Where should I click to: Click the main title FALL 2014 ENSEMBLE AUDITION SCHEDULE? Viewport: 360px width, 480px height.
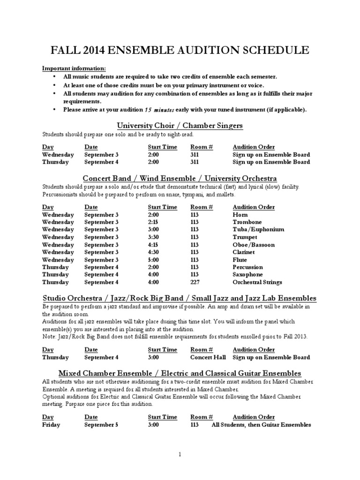click(180, 50)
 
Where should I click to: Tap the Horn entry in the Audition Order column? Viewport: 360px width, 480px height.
click(240, 214)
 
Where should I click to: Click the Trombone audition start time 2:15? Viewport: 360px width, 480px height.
click(153, 222)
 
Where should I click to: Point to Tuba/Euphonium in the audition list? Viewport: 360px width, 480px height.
click(258, 229)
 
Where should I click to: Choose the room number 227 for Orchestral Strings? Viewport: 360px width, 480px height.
click(195, 282)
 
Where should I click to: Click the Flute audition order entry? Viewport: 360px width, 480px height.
click(240, 260)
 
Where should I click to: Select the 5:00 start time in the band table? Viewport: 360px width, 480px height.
click(154, 260)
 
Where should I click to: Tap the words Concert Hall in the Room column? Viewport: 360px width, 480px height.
click(208, 357)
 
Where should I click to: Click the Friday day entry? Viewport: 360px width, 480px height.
click(51, 425)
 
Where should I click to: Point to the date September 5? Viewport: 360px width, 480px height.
click(101, 425)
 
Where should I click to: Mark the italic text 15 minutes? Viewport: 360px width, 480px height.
click(159, 110)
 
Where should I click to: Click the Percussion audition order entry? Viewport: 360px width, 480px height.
click(247, 267)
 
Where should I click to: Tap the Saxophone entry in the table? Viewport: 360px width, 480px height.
click(247, 275)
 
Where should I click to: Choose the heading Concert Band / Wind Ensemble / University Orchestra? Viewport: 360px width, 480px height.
click(180, 178)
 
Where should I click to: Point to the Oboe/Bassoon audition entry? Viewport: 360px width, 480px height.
click(254, 245)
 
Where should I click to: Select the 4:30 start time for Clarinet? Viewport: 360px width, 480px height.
click(154, 252)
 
